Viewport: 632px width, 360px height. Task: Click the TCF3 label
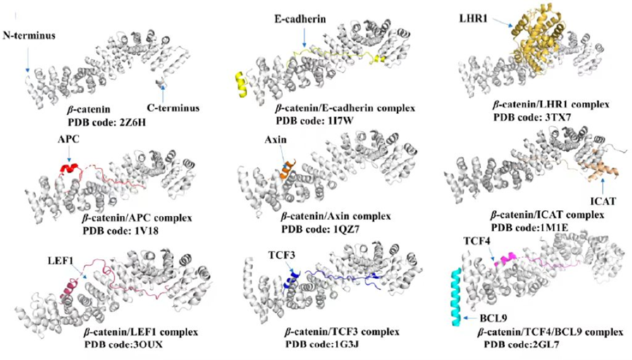281,256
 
